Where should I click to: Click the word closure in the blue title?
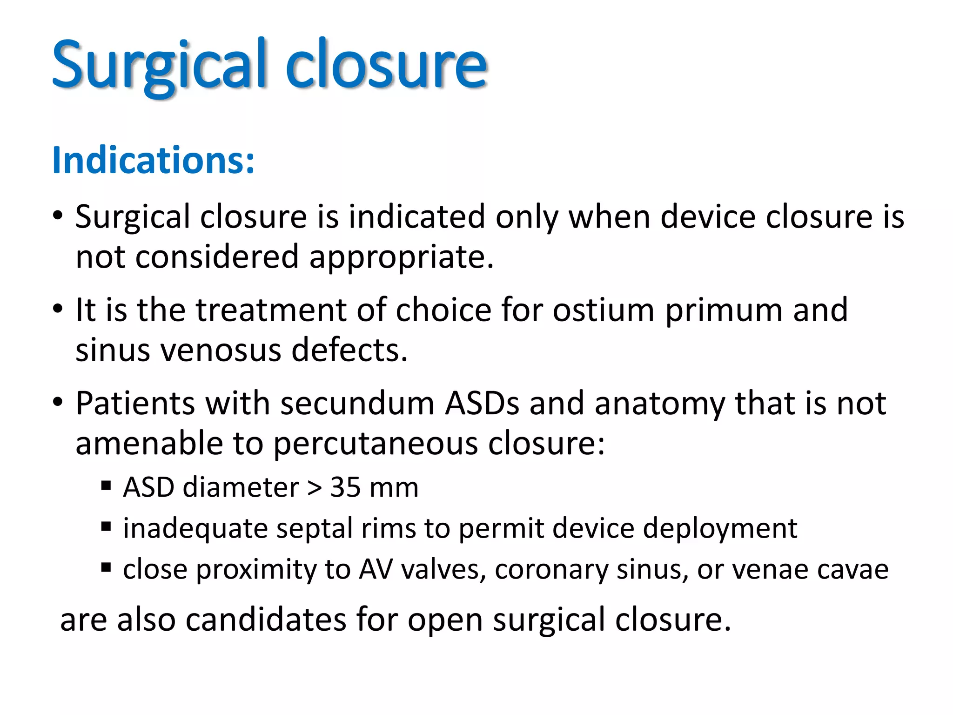[386, 65]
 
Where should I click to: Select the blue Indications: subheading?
[154, 160]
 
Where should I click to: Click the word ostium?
[604, 310]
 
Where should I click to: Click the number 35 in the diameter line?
[345, 488]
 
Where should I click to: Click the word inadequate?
[195, 529]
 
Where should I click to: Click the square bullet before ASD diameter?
[106, 486]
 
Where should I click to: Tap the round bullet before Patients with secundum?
[57, 402]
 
